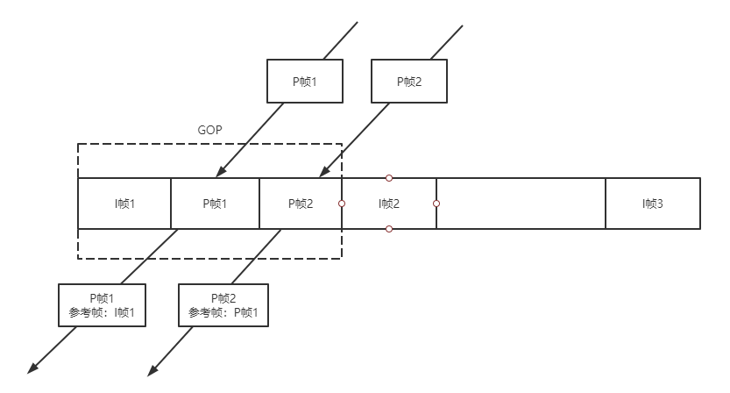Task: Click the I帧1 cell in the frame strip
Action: [124, 204]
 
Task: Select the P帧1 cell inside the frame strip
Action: [215, 204]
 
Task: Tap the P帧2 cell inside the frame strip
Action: [300, 204]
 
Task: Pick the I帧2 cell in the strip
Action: [389, 204]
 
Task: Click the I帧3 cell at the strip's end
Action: [653, 204]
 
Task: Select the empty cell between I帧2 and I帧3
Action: [521, 204]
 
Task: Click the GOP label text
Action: [210, 129]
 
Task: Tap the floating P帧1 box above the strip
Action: [302, 81]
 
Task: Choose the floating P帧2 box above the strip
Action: [409, 81]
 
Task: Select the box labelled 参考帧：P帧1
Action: [223, 305]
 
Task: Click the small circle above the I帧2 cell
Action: [389, 178]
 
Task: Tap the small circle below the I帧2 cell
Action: [389, 229]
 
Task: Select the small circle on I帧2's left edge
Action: [342, 204]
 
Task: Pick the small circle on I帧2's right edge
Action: [436, 204]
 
